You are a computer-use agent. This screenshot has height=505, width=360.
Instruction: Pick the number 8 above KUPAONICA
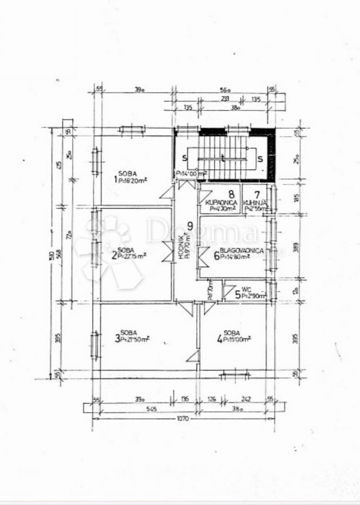(x=231, y=194)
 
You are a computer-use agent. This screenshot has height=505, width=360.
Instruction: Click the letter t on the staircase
(x=223, y=159)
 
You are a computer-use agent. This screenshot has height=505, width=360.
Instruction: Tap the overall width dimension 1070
(x=182, y=419)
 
